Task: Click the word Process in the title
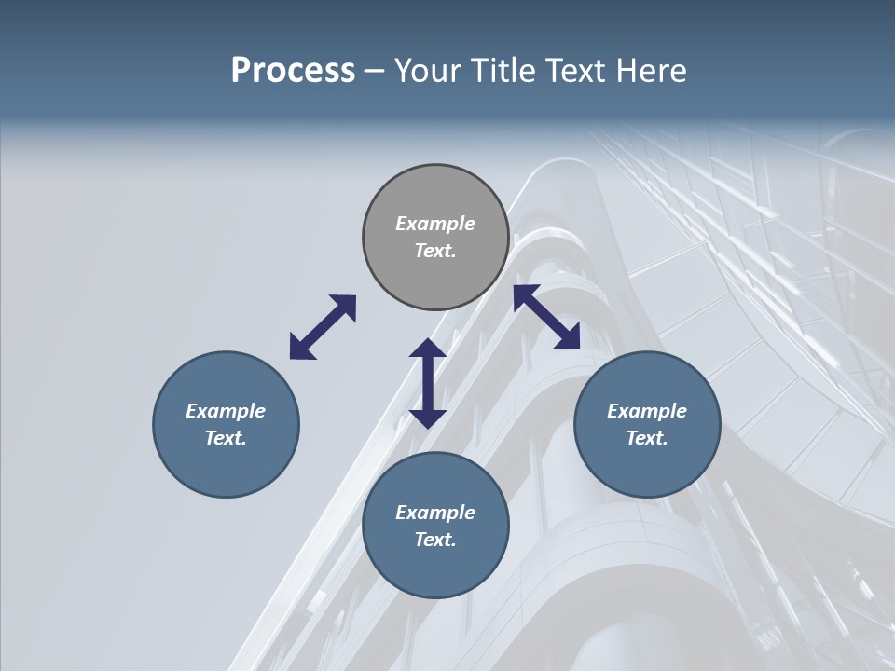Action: (x=293, y=71)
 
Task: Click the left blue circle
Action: (x=226, y=424)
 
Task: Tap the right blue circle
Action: (x=647, y=424)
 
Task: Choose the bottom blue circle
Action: (x=435, y=526)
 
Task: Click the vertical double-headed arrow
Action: (x=428, y=383)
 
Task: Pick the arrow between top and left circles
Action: (x=323, y=327)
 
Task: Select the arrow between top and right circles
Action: (x=546, y=317)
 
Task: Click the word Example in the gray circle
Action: (x=435, y=224)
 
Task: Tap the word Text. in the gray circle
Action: (x=435, y=251)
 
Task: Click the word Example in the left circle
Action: (x=226, y=411)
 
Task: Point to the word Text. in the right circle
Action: (x=647, y=438)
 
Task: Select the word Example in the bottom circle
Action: (x=435, y=513)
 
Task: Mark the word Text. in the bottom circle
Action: (x=435, y=540)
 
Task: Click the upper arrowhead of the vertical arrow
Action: (x=428, y=349)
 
